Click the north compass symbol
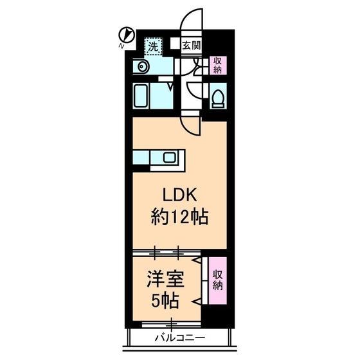point(126,35)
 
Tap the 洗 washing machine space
point(154,46)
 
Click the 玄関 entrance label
point(192,46)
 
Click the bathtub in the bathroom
point(141,96)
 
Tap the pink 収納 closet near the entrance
point(218,65)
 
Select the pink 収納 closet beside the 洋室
point(217,280)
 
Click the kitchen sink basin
point(170,157)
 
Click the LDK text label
point(180,195)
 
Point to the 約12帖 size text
point(179,217)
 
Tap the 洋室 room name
point(165,279)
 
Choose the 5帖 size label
point(165,301)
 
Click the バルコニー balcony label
point(180,337)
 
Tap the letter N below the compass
point(122,46)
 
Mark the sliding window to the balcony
point(171,325)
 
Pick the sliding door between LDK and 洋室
point(166,253)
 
